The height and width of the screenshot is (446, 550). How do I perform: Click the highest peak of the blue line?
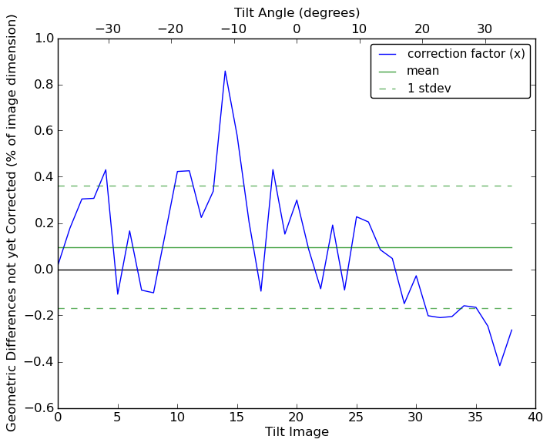click(x=225, y=71)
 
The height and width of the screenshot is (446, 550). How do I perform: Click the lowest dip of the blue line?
click(x=500, y=365)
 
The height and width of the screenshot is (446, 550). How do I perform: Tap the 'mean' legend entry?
click(x=423, y=71)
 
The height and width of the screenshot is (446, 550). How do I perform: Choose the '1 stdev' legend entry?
click(x=429, y=89)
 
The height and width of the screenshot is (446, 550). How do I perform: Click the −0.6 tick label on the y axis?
click(x=39, y=408)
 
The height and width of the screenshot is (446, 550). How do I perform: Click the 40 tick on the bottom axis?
click(x=535, y=417)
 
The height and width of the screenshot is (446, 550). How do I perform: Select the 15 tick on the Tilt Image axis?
click(x=237, y=417)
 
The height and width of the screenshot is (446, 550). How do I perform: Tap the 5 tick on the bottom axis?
click(x=118, y=417)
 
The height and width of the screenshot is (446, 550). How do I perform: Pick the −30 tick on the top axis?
click(x=108, y=29)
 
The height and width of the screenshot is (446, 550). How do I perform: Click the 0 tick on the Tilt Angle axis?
click(x=297, y=29)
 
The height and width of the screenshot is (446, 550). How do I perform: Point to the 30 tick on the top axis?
click(x=485, y=29)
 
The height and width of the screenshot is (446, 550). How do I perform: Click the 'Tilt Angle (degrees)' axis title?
click(x=297, y=12)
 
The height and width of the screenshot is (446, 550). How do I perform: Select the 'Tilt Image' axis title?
click(x=297, y=432)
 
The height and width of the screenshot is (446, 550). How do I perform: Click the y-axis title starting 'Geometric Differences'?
click(x=12, y=223)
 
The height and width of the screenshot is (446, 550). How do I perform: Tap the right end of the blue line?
click(x=511, y=330)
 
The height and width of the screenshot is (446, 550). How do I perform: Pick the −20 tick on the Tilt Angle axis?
click(x=170, y=29)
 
